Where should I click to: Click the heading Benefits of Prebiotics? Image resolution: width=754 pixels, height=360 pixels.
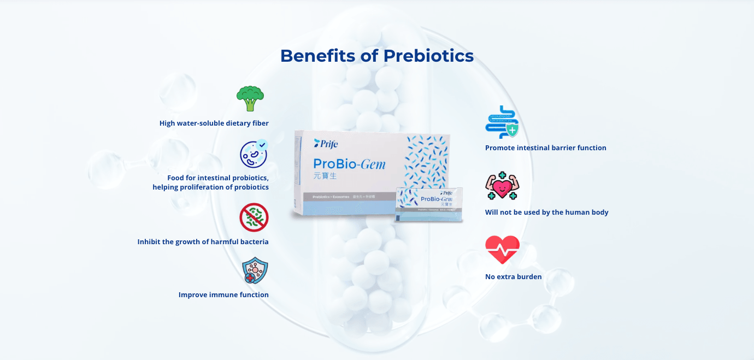[x=376, y=56]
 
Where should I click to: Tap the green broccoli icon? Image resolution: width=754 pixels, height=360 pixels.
[x=250, y=98]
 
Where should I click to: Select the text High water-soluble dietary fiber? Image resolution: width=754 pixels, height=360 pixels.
[x=214, y=123]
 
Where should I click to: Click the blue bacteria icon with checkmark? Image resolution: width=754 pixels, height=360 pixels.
[x=254, y=154]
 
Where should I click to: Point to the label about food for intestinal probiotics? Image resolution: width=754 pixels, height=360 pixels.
[x=211, y=182]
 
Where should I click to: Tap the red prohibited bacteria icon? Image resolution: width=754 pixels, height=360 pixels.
[x=254, y=217]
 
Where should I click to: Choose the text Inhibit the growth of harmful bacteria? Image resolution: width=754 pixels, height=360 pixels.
[x=203, y=241]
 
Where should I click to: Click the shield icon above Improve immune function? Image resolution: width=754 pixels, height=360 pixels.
[x=255, y=271]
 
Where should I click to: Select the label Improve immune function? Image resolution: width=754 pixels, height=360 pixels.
[x=223, y=295]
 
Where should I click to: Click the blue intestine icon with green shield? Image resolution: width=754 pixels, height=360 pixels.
[x=502, y=122]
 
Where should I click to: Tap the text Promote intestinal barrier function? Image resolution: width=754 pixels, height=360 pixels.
[x=545, y=148]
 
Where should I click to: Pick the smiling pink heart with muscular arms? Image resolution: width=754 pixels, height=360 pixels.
[x=502, y=186]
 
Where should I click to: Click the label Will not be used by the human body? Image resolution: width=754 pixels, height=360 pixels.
[x=546, y=213]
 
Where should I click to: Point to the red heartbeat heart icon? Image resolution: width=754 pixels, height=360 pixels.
[x=502, y=250]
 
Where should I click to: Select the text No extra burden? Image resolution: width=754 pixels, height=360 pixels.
[x=513, y=277]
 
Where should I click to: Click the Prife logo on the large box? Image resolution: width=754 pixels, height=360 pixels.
[x=326, y=144]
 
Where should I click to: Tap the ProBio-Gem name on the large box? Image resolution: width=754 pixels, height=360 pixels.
[x=349, y=163]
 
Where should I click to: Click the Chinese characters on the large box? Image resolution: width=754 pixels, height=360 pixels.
[x=325, y=176]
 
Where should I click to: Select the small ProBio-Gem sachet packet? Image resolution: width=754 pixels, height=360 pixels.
[x=429, y=204]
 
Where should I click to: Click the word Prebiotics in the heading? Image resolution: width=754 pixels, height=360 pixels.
[x=428, y=56]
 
